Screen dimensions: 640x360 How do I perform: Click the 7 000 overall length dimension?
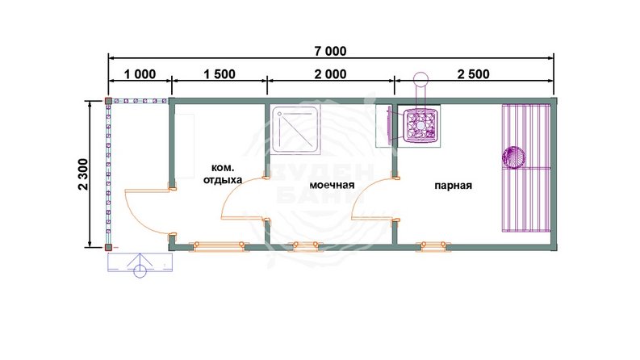click(x=330, y=51)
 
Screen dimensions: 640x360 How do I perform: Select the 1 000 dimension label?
click(x=140, y=74)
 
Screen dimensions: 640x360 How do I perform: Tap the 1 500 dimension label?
click(x=220, y=74)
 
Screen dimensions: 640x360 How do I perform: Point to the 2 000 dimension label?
click(x=330, y=74)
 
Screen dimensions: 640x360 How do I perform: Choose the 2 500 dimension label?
click(x=474, y=74)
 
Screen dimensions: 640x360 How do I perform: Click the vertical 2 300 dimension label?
click(x=83, y=174)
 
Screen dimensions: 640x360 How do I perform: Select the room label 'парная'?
click(x=453, y=186)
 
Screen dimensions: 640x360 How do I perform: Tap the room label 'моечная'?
click(x=332, y=185)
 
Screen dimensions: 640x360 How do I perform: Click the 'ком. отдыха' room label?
click(x=223, y=174)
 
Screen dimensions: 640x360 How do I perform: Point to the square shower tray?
click(x=295, y=129)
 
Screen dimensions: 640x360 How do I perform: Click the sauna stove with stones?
click(x=419, y=124)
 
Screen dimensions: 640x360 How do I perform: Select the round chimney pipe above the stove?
click(x=420, y=78)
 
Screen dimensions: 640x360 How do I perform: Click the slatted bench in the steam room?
click(x=526, y=168)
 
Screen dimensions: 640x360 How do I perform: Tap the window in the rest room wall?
click(x=220, y=245)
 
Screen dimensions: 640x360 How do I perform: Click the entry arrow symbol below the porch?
click(x=140, y=266)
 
